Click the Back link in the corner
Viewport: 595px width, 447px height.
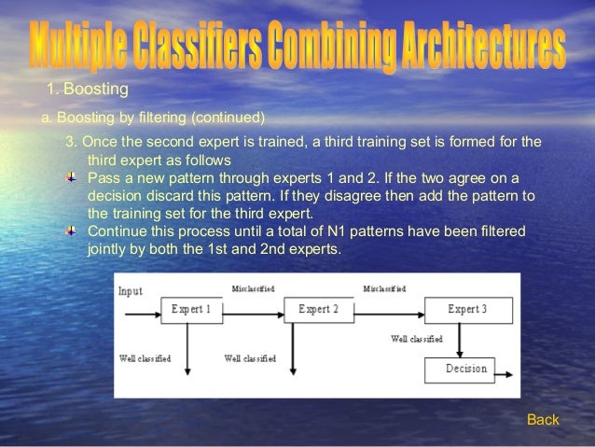click(543, 420)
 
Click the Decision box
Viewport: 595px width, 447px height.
click(465, 369)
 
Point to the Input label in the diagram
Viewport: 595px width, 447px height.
click(131, 291)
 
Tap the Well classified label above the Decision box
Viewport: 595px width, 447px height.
click(417, 338)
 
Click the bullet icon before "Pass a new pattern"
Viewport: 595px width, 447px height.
click(75, 177)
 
